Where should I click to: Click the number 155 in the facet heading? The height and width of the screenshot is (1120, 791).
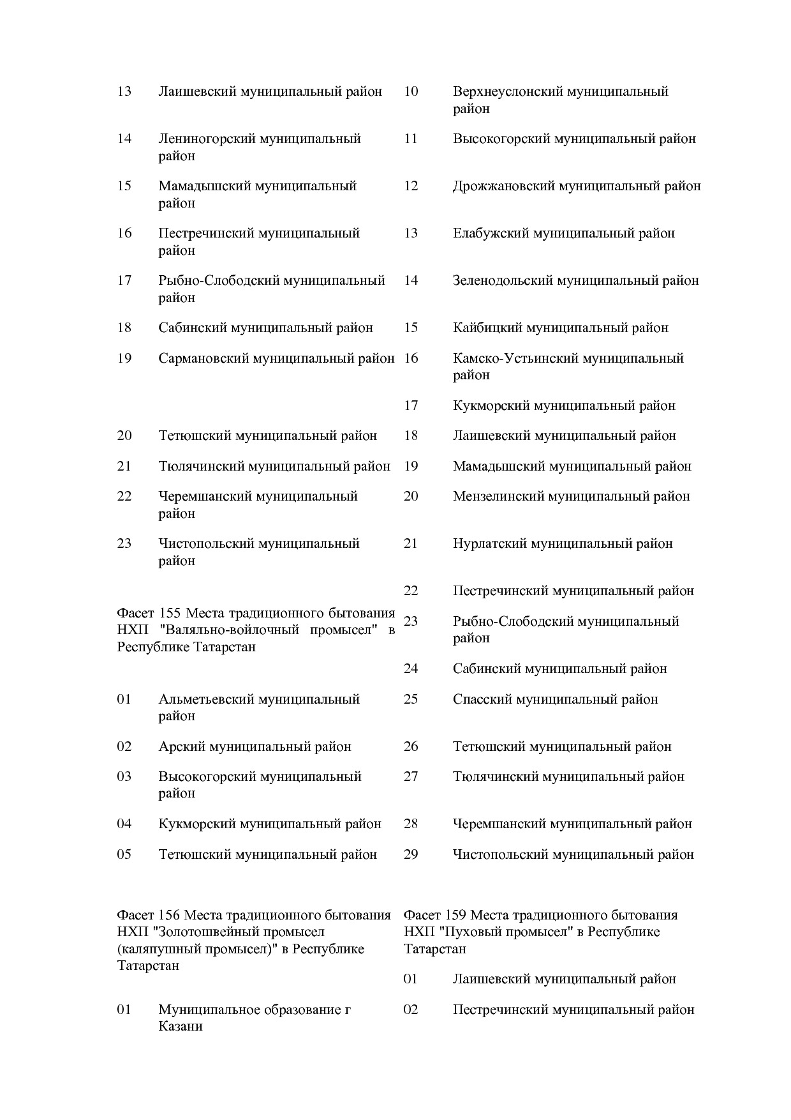[x=170, y=614]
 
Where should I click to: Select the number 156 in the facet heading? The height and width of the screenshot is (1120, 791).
[x=170, y=915]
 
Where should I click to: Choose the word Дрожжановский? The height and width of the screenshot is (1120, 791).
[x=503, y=186]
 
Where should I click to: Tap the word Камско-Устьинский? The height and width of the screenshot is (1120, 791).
[x=508, y=358]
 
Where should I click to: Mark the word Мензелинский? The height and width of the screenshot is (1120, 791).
[x=498, y=496]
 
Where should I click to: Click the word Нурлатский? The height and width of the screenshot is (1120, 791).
[x=489, y=543]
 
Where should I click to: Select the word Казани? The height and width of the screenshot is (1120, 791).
[x=181, y=1026]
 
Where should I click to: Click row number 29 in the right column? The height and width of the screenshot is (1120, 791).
[x=411, y=854]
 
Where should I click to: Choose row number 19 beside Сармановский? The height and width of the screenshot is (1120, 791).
[x=124, y=358]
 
